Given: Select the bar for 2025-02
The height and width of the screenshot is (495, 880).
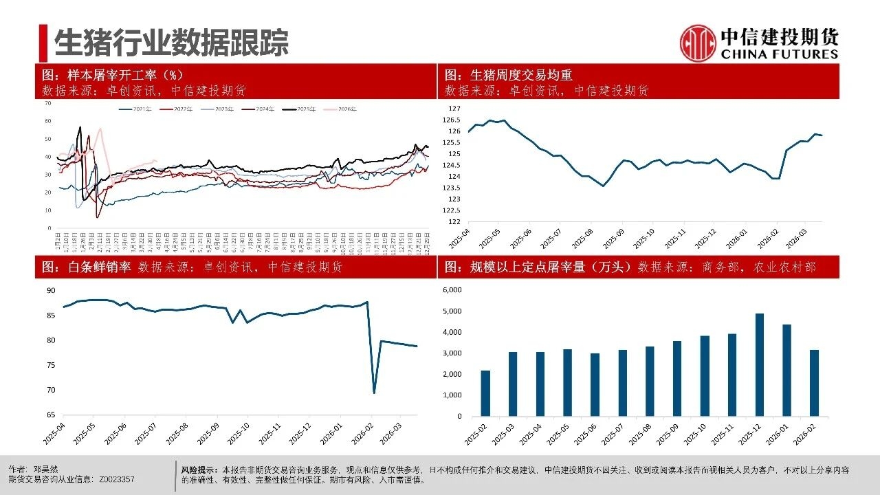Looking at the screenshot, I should click(485, 393).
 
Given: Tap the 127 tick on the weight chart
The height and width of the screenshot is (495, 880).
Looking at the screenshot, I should click(454, 109).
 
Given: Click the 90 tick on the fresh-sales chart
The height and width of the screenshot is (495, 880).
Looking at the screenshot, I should click(51, 291).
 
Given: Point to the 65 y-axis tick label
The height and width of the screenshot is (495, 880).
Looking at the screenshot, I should click(51, 415).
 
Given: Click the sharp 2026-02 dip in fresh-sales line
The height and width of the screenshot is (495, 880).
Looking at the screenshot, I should click(374, 393).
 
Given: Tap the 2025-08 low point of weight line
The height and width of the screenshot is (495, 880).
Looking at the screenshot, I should click(604, 186).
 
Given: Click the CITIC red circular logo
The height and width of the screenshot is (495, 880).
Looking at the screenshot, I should click(698, 43).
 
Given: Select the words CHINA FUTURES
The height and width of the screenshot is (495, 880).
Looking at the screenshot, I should click(779, 54).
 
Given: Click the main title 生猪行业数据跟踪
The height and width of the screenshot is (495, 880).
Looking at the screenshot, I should click(171, 42).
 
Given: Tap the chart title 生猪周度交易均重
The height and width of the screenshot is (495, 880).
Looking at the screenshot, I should click(520, 76).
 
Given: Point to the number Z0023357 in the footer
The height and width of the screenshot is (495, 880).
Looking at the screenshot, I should click(117, 479).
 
